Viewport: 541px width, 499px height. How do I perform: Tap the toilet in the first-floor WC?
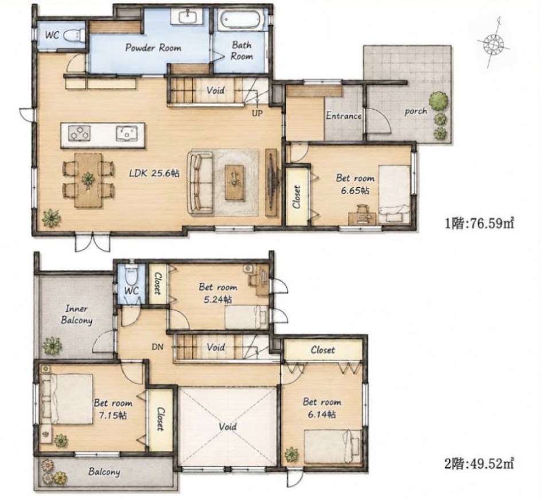pyautogui.click(x=74, y=36)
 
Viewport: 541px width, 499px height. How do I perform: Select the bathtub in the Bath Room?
pyautogui.click(x=239, y=20)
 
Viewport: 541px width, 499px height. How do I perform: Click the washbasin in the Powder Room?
pyautogui.click(x=188, y=17)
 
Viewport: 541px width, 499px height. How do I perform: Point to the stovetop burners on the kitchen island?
pyautogui.click(x=79, y=133)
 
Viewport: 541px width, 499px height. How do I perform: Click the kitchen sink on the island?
pyautogui.click(x=127, y=134)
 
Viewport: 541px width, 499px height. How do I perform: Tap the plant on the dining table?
pyautogui.click(x=88, y=179)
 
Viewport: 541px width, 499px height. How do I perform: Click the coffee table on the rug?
pyautogui.click(x=235, y=182)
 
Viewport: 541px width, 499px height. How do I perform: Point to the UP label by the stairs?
pyautogui.click(x=257, y=113)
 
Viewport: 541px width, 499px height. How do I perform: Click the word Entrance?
pyautogui.click(x=344, y=115)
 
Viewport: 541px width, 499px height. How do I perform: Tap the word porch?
pyautogui.click(x=416, y=111)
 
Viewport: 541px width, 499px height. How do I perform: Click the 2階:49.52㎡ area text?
pyautogui.click(x=479, y=463)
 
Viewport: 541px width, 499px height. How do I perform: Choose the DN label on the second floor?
pyautogui.click(x=157, y=347)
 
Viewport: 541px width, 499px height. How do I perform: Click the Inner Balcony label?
pyautogui.click(x=77, y=315)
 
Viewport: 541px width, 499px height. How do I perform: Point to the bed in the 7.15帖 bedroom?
pyautogui.click(x=67, y=399)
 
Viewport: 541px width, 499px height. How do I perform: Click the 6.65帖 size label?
pyautogui.click(x=355, y=190)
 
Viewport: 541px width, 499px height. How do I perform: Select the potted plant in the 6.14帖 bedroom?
pyautogui.click(x=291, y=454)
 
